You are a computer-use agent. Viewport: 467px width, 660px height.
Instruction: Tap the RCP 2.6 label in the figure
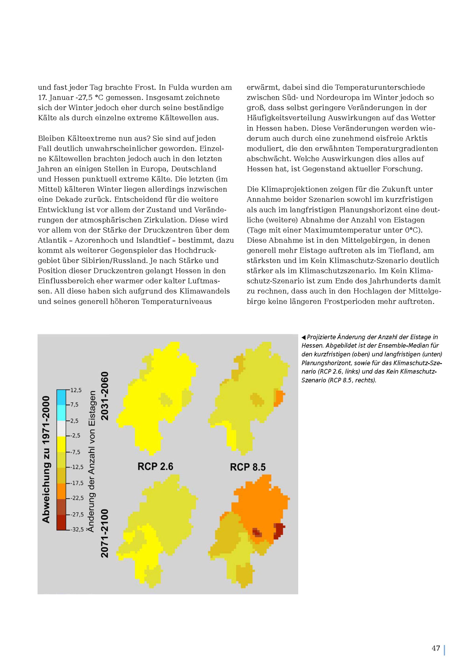pyautogui.click(x=155, y=466)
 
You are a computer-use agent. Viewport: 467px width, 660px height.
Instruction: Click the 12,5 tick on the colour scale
pyautogui.click(x=76, y=390)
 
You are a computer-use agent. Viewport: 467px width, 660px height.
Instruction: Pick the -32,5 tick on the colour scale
pyautogui.click(x=77, y=529)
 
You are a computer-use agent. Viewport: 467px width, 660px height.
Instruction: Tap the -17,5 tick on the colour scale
pyautogui.click(x=77, y=483)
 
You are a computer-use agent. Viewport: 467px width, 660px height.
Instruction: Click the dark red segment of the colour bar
pyautogui.click(x=61, y=522)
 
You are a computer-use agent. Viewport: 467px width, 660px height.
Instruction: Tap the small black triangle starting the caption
pyautogui.click(x=303, y=337)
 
